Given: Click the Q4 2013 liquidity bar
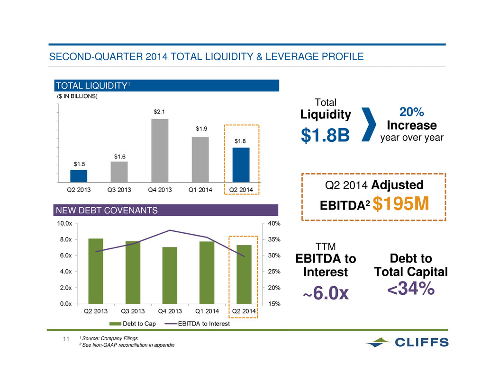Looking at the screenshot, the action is coord(160,150).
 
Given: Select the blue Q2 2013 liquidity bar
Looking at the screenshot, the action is coord(79,176).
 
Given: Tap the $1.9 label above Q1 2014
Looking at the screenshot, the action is coord(201,129).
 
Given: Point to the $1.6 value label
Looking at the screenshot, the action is coord(120,157).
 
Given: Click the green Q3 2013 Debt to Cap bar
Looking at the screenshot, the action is coord(133,273).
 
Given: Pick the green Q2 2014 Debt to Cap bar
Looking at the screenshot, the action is coord(244,274).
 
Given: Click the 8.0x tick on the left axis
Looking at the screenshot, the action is coord(66,239).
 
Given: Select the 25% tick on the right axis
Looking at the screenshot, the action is coord(274,272).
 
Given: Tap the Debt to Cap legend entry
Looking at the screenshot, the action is coord(133,324).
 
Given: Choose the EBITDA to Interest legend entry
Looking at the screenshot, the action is coord(197,324).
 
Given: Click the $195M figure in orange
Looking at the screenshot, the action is coord(401,203).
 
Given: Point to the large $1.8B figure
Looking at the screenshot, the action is coord(325,135).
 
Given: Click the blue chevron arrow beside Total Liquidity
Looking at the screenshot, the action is coord(369,124).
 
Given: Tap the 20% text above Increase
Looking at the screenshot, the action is coord(411,112).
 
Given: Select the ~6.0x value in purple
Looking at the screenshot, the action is coord(326,293).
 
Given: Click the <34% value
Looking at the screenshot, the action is coord(411,288).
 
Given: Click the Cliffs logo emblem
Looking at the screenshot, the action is coord(378,342).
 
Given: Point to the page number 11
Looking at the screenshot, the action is coord(66,339).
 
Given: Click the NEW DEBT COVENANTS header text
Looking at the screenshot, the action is coord(107,211).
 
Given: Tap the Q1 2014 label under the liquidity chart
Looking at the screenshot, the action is coord(200,190).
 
